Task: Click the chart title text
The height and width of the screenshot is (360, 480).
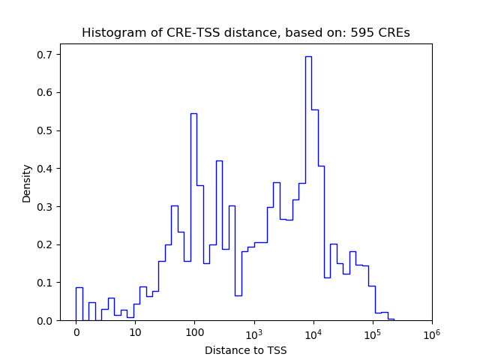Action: pos(246,33)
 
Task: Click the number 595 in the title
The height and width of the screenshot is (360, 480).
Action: pos(361,33)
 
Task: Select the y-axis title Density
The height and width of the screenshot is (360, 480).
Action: pos(27,183)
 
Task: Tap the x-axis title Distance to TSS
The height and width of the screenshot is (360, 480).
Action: pos(246,349)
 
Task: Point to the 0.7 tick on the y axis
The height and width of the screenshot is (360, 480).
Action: pos(46,55)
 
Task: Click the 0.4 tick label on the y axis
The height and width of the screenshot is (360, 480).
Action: pos(46,169)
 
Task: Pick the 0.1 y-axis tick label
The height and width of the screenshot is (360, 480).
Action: pos(46,283)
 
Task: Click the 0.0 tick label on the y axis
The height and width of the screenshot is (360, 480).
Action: pos(46,321)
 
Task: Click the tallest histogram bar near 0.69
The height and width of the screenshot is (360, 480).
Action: pos(308,187)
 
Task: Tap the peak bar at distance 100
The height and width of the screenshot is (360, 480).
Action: pos(193,217)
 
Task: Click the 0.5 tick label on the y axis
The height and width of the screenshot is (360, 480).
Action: pos(46,130)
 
